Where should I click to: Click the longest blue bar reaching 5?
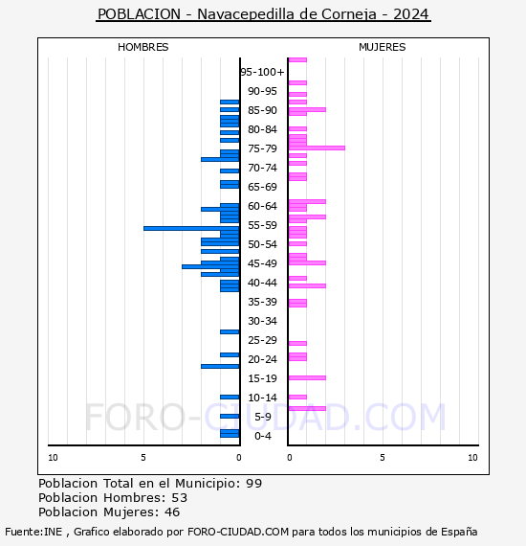[x=191, y=228]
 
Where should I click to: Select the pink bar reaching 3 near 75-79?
[x=317, y=148]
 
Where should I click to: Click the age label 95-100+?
[x=262, y=72]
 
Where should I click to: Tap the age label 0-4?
[x=263, y=436]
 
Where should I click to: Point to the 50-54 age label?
[x=262, y=244]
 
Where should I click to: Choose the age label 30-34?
[x=262, y=321]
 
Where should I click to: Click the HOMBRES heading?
[x=142, y=47]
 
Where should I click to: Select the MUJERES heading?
[x=383, y=47]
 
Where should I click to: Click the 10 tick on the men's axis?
[x=53, y=458]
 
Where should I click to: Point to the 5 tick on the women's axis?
[x=383, y=458]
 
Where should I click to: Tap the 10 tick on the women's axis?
[x=472, y=458]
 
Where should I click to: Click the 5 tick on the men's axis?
[x=143, y=458]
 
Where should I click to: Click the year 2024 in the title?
[x=411, y=14]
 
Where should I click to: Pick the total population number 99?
[x=253, y=484]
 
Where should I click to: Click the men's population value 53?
[x=180, y=497]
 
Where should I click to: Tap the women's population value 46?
[x=172, y=512]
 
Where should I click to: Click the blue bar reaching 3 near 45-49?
[x=210, y=266]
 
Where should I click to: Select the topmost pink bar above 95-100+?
[x=297, y=60]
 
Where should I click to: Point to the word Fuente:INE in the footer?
[x=33, y=532]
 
